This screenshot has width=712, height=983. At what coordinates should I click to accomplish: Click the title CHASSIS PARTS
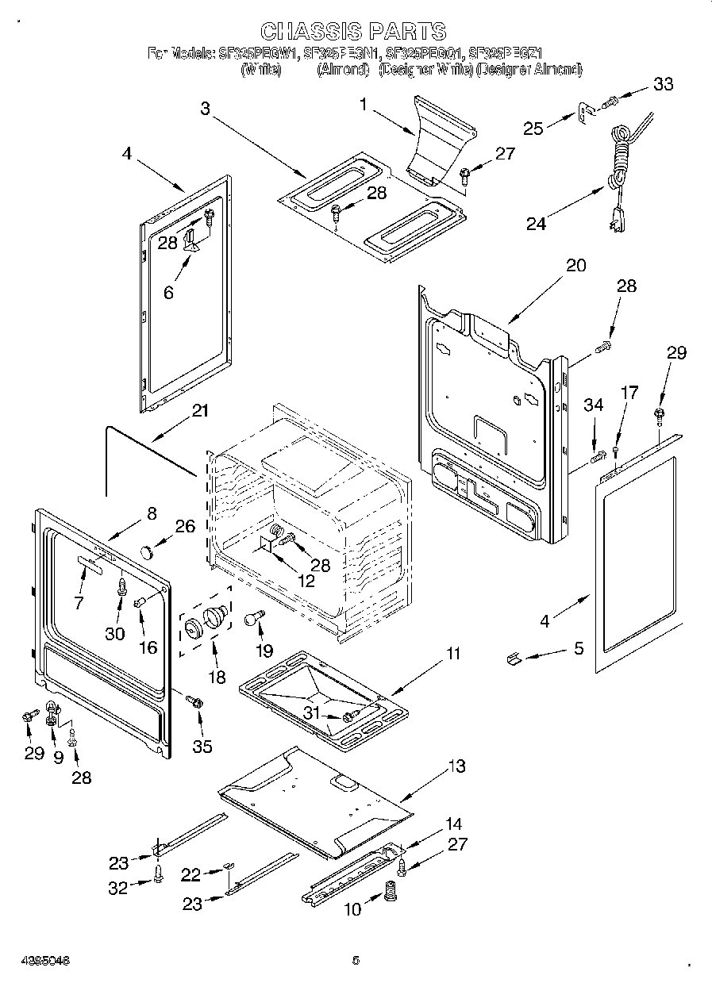(x=353, y=31)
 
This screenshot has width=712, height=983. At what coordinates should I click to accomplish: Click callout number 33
(x=662, y=85)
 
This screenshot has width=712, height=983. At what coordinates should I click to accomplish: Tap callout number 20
(x=575, y=265)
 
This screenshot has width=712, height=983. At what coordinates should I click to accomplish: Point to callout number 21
(x=200, y=411)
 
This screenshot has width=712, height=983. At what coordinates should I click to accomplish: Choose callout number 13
(x=456, y=766)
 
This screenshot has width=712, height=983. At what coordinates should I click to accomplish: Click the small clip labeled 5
(x=514, y=658)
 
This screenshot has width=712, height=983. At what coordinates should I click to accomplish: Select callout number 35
(x=202, y=747)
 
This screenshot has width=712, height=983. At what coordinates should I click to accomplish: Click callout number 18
(x=216, y=677)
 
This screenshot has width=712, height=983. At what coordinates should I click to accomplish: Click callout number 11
(x=452, y=654)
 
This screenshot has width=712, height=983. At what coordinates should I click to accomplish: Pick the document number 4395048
(x=37, y=960)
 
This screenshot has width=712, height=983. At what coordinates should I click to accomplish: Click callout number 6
(x=168, y=291)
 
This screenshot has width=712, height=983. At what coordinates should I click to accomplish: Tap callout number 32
(x=118, y=889)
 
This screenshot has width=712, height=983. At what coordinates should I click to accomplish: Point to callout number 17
(x=629, y=392)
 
